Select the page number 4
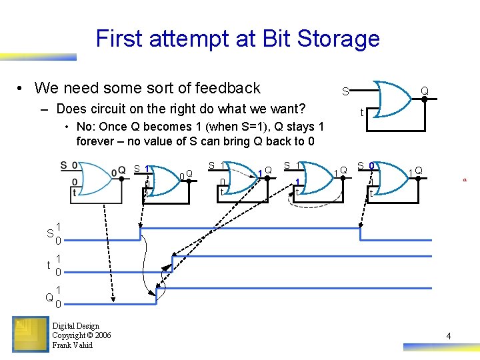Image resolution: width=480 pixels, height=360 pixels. (449, 336)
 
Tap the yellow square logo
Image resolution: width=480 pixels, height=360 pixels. (29, 334)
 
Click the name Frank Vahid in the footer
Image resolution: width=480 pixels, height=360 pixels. (72, 345)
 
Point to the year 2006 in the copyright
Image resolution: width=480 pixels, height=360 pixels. (101, 335)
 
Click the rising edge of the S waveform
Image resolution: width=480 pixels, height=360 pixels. (140, 234)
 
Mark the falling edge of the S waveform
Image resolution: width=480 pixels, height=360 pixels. (361, 234)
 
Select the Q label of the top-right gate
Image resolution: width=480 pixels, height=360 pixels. (424, 90)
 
